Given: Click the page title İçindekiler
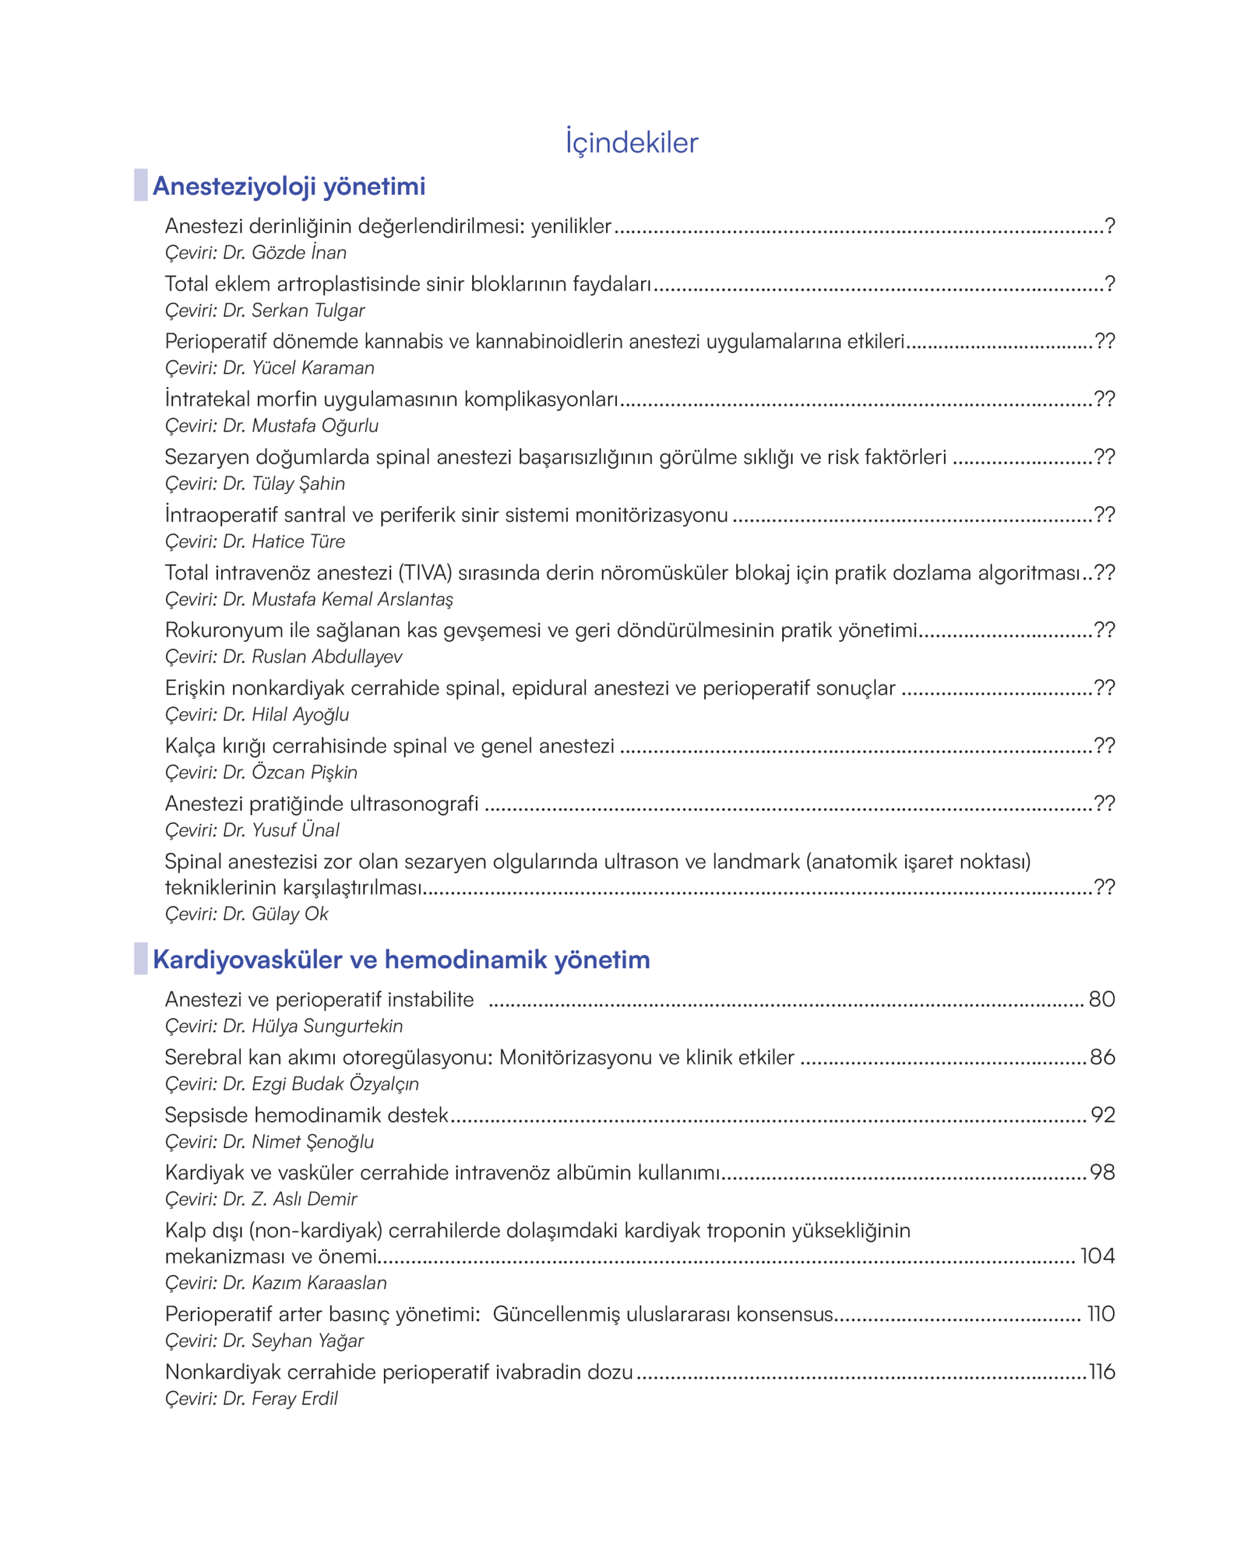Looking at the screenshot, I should (631, 142).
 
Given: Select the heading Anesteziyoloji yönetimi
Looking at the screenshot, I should (289, 186).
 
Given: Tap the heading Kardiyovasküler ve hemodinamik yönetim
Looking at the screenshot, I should (401, 960).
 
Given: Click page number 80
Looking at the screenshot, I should (1101, 999).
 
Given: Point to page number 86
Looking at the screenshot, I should (1102, 1058).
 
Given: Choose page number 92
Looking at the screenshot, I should (1103, 1115).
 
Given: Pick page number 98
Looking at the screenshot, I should (1102, 1173).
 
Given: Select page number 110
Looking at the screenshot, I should (1101, 1314).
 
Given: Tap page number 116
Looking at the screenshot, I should (1101, 1372).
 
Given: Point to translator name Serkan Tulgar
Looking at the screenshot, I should (308, 311).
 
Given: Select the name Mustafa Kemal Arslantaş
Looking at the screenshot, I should (352, 599).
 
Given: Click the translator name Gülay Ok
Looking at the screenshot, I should (289, 914).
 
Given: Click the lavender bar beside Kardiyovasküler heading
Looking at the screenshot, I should (141, 959).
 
